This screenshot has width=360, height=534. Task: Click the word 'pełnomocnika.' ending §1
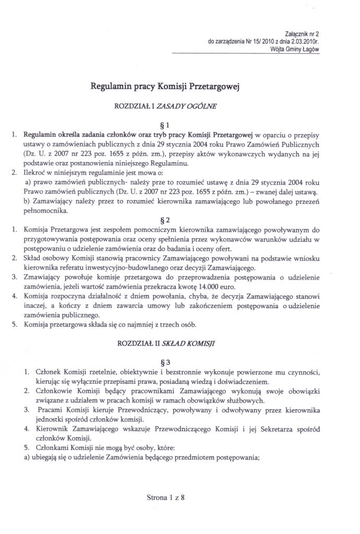45,196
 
